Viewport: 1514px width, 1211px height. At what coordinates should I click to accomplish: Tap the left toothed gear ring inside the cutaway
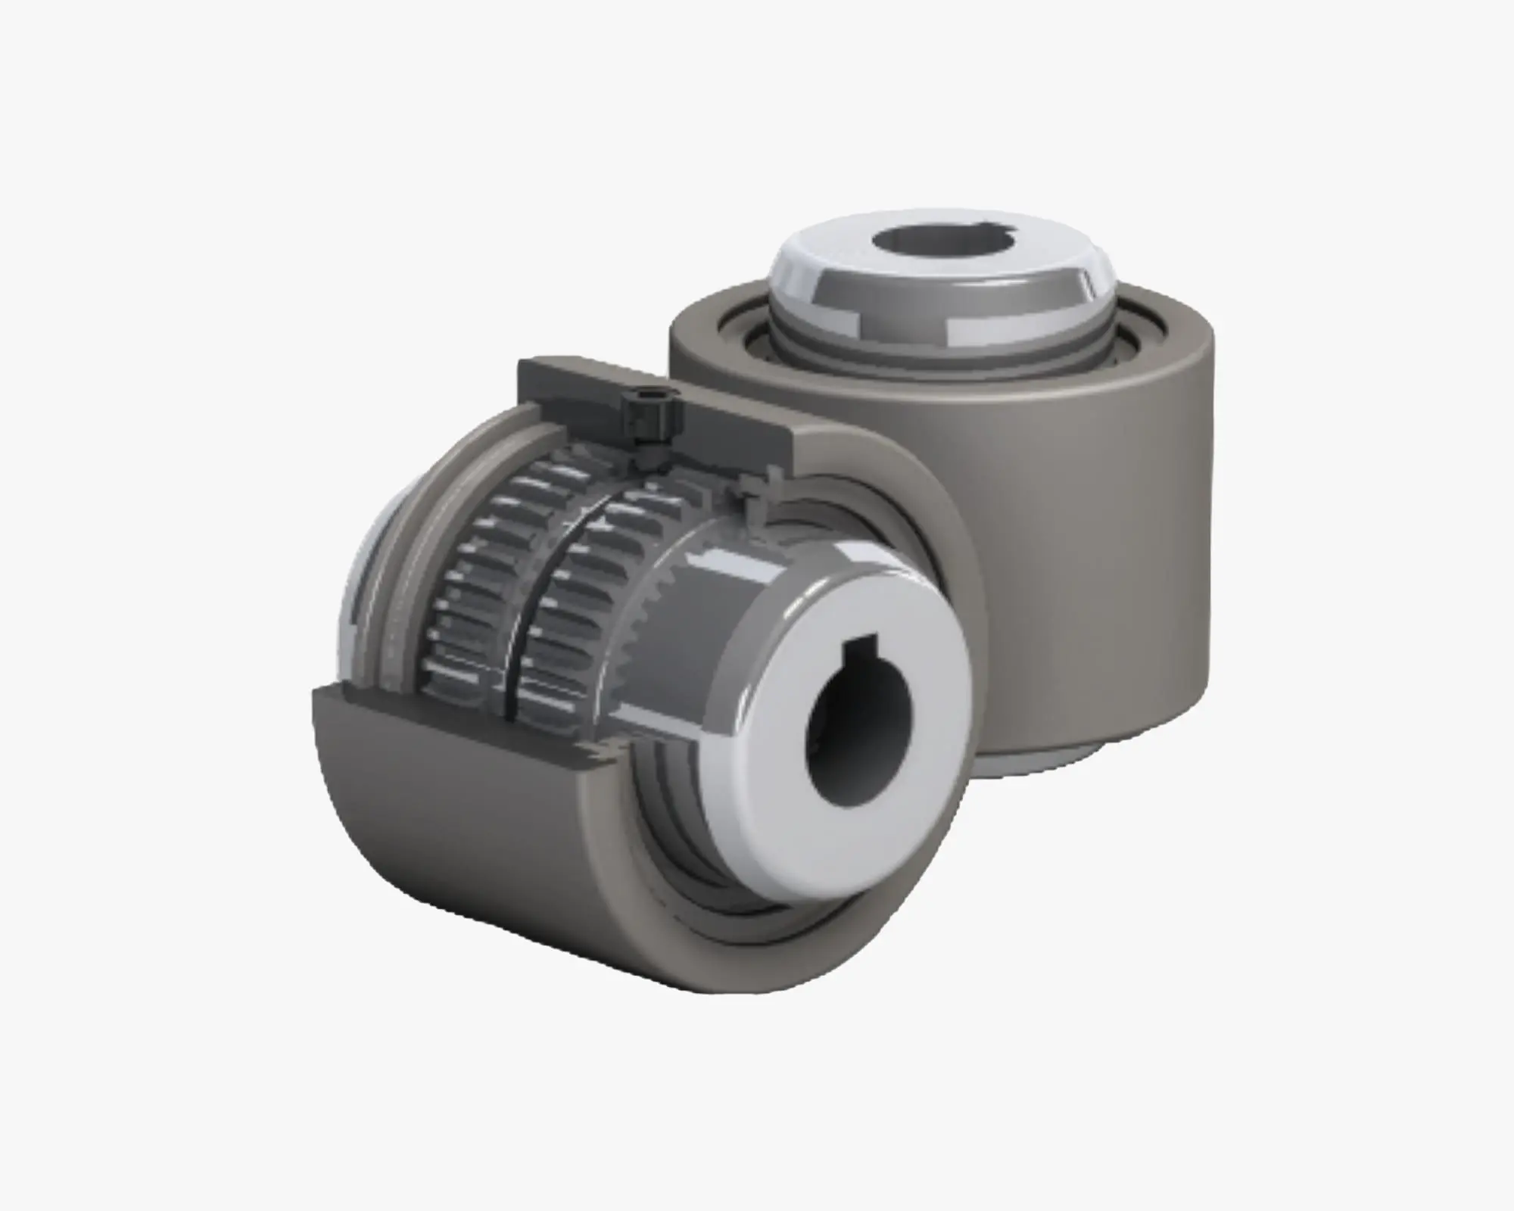click(469, 590)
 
